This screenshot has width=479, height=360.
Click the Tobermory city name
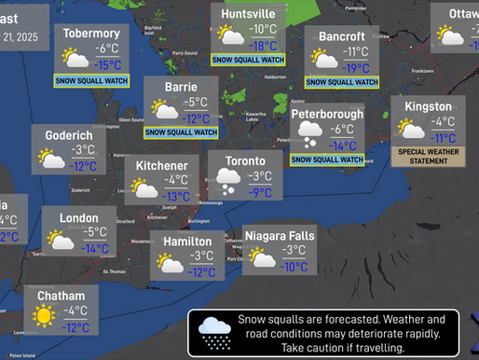(91, 34)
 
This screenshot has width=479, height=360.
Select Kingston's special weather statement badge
(430, 156)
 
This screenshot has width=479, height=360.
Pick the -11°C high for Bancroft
(355, 52)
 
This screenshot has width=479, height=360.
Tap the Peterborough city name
(326, 114)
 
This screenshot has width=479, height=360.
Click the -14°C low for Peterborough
(342, 145)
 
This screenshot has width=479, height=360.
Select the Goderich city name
(69, 135)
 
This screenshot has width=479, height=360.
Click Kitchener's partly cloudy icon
(145, 188)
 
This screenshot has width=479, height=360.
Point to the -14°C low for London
(95, 249)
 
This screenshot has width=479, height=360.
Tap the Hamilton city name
(186, 241)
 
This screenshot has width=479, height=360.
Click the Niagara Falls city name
(280, 235)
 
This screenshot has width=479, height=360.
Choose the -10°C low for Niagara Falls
(294, 266)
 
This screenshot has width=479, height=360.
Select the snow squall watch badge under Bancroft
(341, 82)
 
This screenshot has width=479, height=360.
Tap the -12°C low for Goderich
(84, 166)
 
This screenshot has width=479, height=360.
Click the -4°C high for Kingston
(442, 122)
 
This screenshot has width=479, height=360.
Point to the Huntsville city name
(248, 15)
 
